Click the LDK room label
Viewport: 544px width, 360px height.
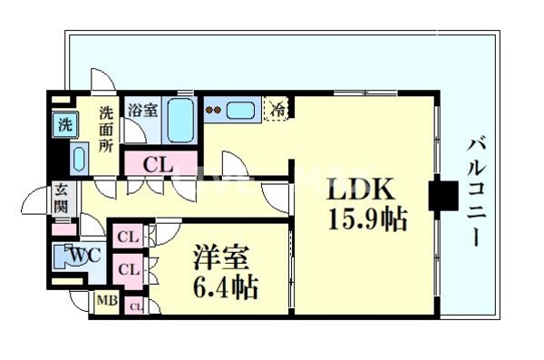coord(360,190)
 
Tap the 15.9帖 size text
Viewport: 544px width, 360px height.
coord(366,219)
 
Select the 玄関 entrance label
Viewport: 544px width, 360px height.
coord(61,199)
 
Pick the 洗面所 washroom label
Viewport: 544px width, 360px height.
coord(108,129)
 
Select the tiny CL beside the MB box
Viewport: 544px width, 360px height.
coord(134,305)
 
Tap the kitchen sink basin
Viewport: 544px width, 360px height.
coord(242,111)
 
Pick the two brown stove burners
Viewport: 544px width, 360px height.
coord(215,111)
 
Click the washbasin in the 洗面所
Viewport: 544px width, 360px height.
coord(76,159)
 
